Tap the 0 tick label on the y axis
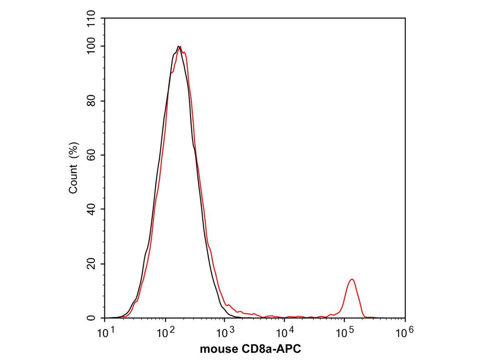click(92, 318)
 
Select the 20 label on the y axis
click(92, 264)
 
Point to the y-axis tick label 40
click(92, 209)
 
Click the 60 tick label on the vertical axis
click(92, 155)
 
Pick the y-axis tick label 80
click(92, 101)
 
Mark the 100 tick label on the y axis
click(92, 46)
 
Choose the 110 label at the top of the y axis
click(92, 19)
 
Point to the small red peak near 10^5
click(352, 280)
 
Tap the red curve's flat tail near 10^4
click(284, 317)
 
